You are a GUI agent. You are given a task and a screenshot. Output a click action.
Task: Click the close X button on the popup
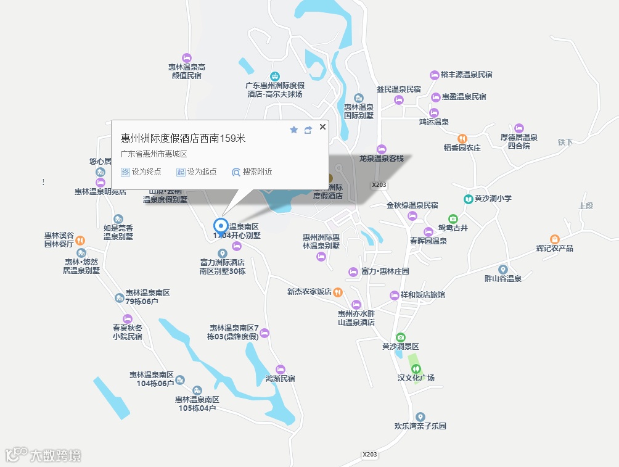click(x=322, y=126)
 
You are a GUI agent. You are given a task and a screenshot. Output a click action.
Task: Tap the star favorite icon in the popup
click(x=294, y=130)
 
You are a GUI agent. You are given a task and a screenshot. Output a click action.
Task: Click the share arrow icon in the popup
click(x=308, y=130)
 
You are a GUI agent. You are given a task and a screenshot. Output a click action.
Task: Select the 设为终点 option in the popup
click(x=141, y=172)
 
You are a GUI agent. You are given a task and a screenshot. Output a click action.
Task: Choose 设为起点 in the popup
click(x=197, y=172)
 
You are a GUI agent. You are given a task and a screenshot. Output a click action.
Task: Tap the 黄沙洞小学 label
click(x=493, y=199)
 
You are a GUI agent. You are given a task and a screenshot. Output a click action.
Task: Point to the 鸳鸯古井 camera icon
click(x=453, y=219)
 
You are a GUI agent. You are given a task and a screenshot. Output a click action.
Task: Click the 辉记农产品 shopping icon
click(x=554, y=239)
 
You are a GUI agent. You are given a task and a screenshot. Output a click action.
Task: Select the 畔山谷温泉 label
click(x=503, y=278)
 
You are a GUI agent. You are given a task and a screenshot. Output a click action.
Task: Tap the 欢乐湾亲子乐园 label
click(x=420, y=426)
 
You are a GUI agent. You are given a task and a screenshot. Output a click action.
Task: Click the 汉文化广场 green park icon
click(x=416, y=368)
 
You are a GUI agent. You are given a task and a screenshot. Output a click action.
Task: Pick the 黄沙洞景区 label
click(x=400, y=347)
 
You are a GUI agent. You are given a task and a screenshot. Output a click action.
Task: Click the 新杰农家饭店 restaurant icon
click(x=338, y=292)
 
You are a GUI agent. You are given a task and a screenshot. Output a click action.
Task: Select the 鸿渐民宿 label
click(x=280, y=378)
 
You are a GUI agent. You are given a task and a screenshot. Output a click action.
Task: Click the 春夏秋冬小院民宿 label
click(x=127, y=332)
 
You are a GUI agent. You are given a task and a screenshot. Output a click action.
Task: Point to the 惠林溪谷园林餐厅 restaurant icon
click(x=80, y=240)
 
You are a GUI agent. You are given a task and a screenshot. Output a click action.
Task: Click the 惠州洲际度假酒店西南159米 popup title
click(x=183, y=138)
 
